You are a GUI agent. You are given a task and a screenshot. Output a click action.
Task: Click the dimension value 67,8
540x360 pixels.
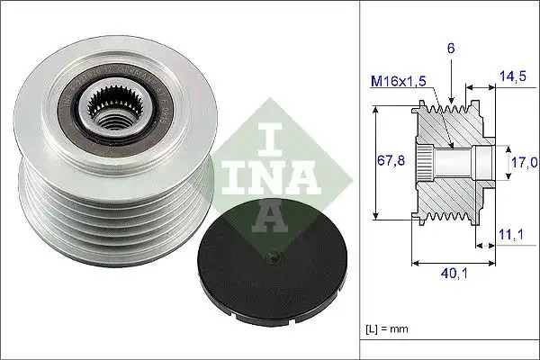(x=388, y=162)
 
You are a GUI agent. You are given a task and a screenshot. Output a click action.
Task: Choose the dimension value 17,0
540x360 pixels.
(x=525, y=162)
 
